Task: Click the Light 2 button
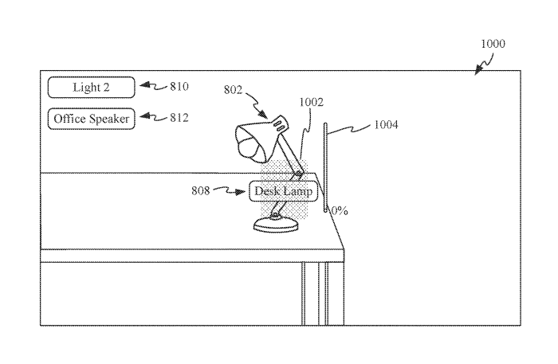pos(92,87)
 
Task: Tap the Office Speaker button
pos(92,119)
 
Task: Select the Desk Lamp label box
pos(283,191)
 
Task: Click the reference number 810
pos(179,86)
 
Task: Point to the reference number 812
pos(179,118)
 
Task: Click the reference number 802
pos(233,89)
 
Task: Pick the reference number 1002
pos(312,103)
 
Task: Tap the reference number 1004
pos(386,125)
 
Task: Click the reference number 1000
pos(493,44)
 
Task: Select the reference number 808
pos(201,191)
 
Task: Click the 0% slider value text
pos(340,211)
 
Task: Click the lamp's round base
pos(276,225)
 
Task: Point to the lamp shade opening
pos(250,144)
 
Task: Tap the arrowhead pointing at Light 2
pos(144,85)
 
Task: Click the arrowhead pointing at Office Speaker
pos(144,116)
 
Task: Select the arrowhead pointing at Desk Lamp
pos(241,192)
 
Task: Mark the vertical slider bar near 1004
pos(325,167)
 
